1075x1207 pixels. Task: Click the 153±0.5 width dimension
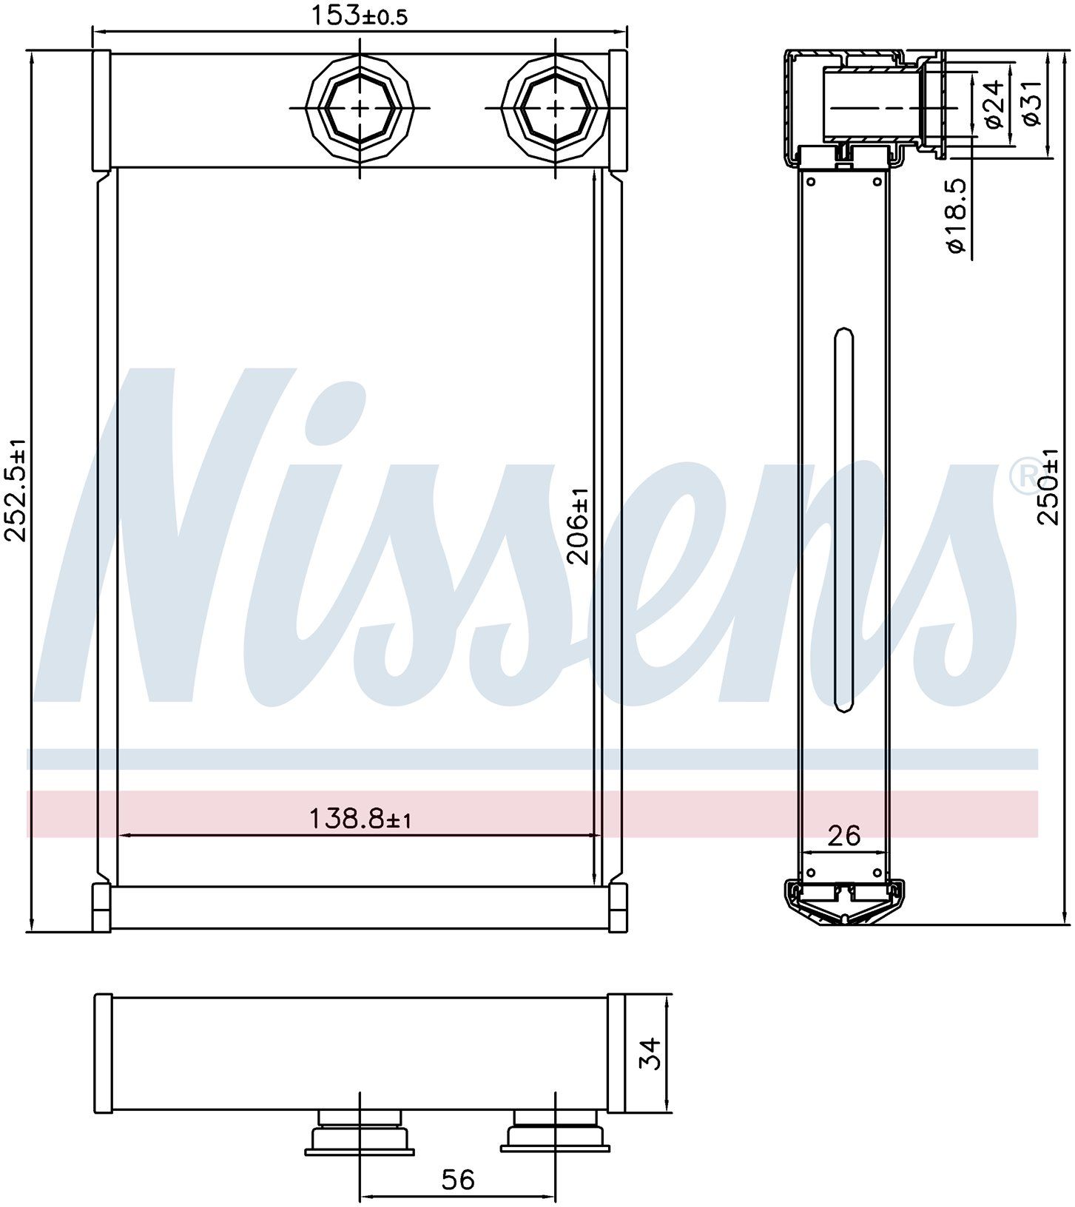point(358,16)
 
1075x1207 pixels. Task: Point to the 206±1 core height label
point(579,526)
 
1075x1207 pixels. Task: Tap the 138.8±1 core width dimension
point(360,819)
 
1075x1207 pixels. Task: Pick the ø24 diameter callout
point(996,104)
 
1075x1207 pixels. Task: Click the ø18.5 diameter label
point(957,215)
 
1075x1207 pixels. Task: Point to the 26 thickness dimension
point(844,836)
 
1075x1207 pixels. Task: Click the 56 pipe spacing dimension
point(457,1179)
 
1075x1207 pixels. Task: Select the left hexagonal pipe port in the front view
point(360,107)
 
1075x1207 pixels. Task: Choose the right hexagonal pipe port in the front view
point(555,107)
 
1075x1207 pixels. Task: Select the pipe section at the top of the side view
point(873,104)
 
